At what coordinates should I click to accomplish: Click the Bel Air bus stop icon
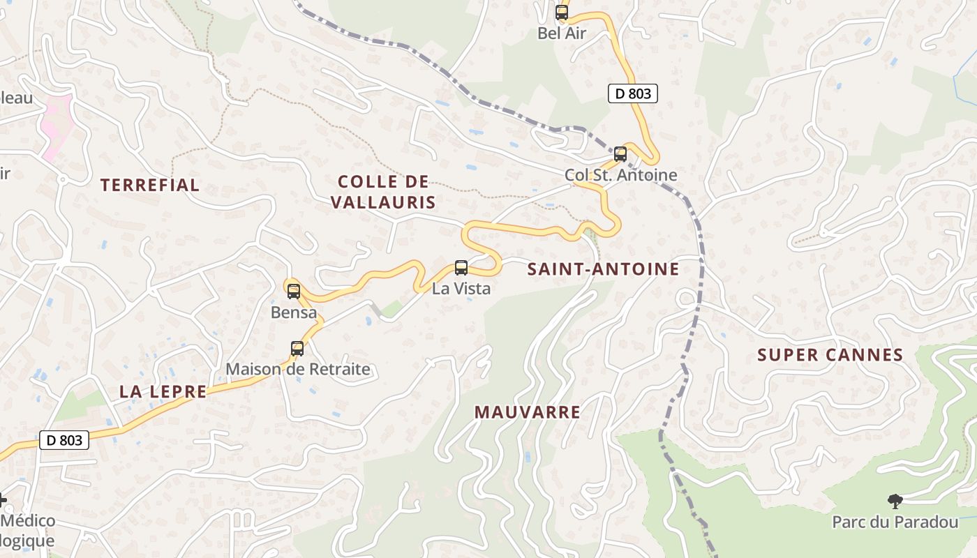[x=562, y=12]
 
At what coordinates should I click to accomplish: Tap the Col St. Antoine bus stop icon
[x=620, y=154]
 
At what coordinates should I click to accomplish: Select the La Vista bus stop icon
[x=461, y=267]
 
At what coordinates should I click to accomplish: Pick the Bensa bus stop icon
[x=294, y=292]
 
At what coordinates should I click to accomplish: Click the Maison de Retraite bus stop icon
[x=297, y=349]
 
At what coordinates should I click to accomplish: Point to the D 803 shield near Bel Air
[x=633, y=93]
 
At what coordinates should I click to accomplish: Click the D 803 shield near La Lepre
[x=64, y=440]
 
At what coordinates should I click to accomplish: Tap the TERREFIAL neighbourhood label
[x=150, y=185]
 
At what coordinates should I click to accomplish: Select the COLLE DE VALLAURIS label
[x=383, y=193]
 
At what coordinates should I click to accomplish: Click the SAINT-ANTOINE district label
[x=603, y=269]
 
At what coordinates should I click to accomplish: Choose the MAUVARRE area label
[x=528, y=412]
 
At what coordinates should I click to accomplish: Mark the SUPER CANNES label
[x=830, y=355]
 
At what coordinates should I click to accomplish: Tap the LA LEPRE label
[x=163, y=391]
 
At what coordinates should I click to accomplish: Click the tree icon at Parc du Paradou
[x=895, y=500]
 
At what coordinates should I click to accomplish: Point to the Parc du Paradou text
[x=895, y=522]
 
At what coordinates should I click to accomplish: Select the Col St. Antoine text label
[x=621, y=175]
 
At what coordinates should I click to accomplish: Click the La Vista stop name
[x=461, y=288]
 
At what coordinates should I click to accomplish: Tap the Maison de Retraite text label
[x=298, y=369]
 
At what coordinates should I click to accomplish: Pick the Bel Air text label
[x=562, y=33]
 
